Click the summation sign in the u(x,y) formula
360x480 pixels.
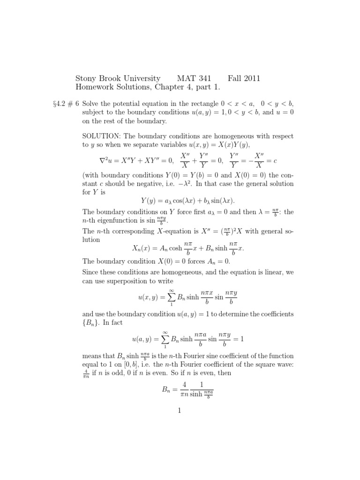pos(171,298)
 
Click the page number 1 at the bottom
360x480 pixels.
pos(180,411)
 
